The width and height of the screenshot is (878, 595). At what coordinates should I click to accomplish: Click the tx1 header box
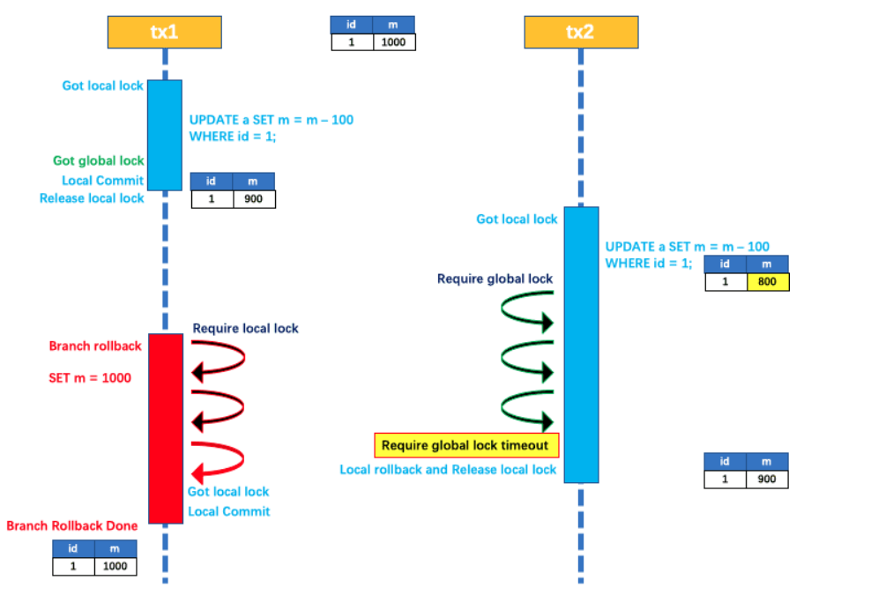pyautogui.click(x=164, y=32)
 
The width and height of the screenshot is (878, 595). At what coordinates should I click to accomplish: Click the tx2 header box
pyautogui.click(x=581, y=32)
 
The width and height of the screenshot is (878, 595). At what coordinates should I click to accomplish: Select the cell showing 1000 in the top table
pyautogui.click(x=393, y=41)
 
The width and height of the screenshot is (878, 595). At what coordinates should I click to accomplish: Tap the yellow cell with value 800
pyautogui.click(x=767, y=282)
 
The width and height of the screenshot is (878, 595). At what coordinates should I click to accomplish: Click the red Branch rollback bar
pyautogui.click(x=165, y=428)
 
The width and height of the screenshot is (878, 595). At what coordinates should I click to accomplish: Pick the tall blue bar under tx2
pyautogui.click(x=581, y=344)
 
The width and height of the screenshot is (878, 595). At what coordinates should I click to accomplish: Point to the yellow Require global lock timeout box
pyautogui.click(x=465, y=446)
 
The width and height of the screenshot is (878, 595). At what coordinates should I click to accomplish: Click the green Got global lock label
pyautogui.click(x=98, y=160)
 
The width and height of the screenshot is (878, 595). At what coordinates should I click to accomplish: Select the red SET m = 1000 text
pyautogui.click(x=89, y=378)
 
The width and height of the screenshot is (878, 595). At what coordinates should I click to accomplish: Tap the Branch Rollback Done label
pyautogui.click(x=72, y=526)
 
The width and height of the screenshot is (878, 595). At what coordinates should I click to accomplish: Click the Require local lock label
pyautogui.click(x=245, y=329)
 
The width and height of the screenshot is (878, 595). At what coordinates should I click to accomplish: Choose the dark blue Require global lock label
pyautogui.click(x=495, y=279)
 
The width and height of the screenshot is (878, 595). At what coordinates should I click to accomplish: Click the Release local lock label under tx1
pyautogui.click(x=92, y=198)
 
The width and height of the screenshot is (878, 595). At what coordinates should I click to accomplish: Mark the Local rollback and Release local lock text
pyautogui.click(x=448, y=470)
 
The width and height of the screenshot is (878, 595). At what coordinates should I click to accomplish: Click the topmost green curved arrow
pyautogui.click(x=527, y=310)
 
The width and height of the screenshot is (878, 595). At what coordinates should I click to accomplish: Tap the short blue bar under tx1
pyautogui.click(x=164, y=134)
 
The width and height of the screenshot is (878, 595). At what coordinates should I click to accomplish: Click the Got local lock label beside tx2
pyautogui.click(x=517, y=219)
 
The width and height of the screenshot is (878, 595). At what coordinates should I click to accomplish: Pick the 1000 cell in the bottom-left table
pyautogui.click(x=115, y=567)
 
